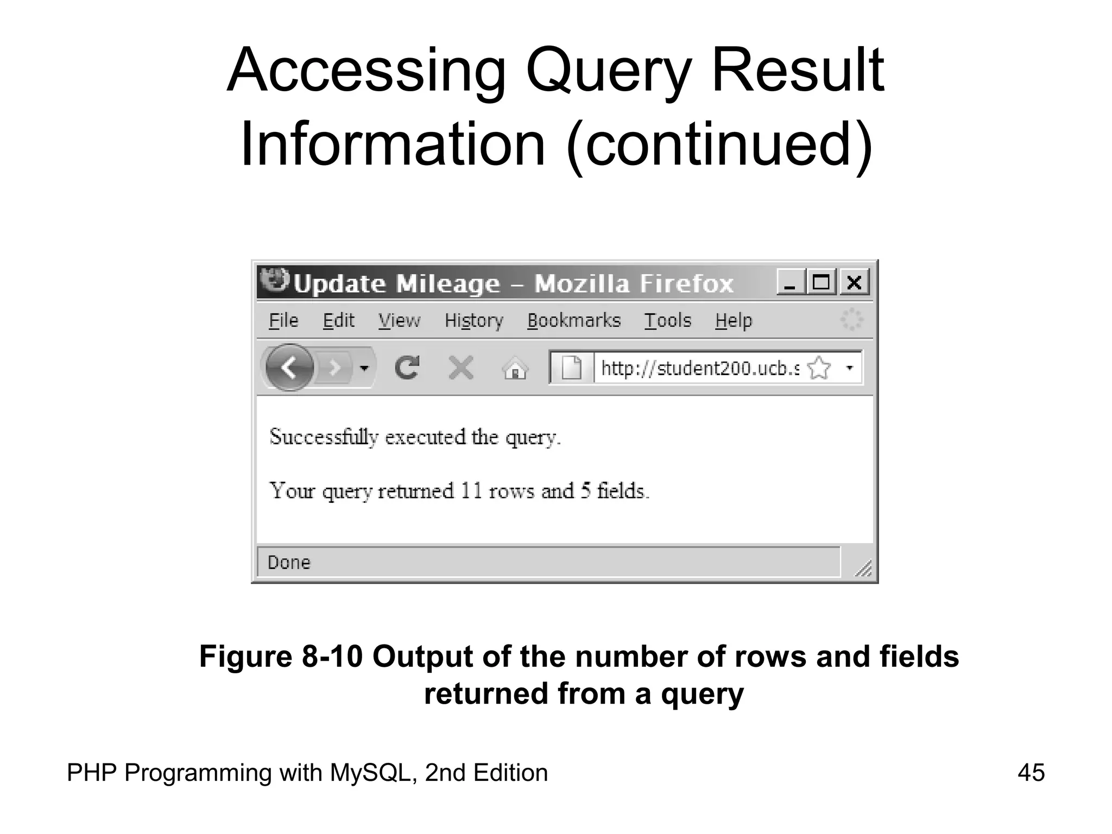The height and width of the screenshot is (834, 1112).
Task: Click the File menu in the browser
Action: pyautogui.click(x=283, y=321)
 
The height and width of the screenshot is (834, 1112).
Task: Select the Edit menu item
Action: pyautogui.click(x=338, y=321)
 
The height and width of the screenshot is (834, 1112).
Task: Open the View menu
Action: pyautogui.click(x=399, y=321)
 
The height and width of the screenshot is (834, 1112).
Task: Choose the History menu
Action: pyautogui.click(x=473, y=321)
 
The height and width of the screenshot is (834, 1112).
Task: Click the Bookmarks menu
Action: pyautogui.click(x=573, y=321)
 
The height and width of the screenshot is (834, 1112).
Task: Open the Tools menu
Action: pyautogui.click(x=667, y=321)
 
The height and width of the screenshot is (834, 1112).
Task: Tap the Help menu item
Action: pyautogui.click(x=733, y=321)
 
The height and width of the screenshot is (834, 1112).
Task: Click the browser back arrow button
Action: pyautogui.click(x=290, y=368)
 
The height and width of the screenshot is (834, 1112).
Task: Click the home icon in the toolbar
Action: pyautogui.click(x=515, y=369)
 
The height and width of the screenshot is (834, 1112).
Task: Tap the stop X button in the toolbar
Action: pyautogui.click(x=461, y=368)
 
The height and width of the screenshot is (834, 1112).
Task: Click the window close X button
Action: pyautogui.click(x=854, y=282)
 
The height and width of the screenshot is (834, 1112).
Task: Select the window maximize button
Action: pyautogui.click(x=821, y=282)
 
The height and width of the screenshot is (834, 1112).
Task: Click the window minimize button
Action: pyautogui.click(x=790, y=282)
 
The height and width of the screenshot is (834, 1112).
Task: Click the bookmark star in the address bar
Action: pyautogui.click(x=819, y=368)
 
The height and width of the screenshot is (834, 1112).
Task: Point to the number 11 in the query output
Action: pyautogui.click(x=471, y=491)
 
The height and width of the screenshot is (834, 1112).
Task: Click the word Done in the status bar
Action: pyautogui.click(x=289, y=563)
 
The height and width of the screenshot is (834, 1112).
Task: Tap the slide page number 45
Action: pyautogui.click(x=1031, y=773)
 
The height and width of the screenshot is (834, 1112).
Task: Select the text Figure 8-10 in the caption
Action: pyautogui.click(x=281, y=656)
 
